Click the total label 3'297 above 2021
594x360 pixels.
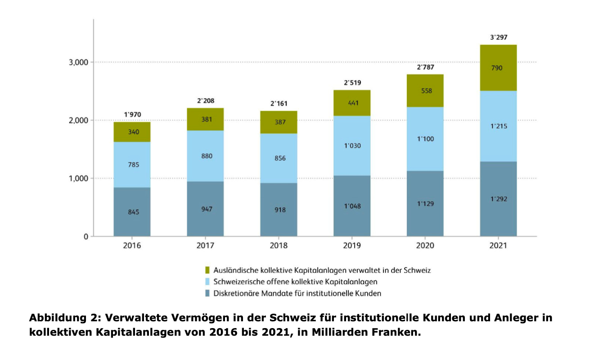pos(498,37)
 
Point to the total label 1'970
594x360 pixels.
pos(132,115)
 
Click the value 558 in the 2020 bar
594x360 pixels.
pos(425,91)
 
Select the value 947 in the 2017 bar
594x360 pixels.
pos(205,209)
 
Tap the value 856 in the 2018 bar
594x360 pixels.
pos(279,158)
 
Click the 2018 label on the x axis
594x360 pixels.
pos(279,246)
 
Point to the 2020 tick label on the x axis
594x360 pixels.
pos(425,246)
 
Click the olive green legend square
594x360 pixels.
pos(207,270)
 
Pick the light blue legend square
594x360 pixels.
pos(207,282)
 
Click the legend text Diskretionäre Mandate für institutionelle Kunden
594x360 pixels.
pos(297,294)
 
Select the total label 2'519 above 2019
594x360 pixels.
pos(352,83)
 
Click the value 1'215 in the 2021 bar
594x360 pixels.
pos(498,126)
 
